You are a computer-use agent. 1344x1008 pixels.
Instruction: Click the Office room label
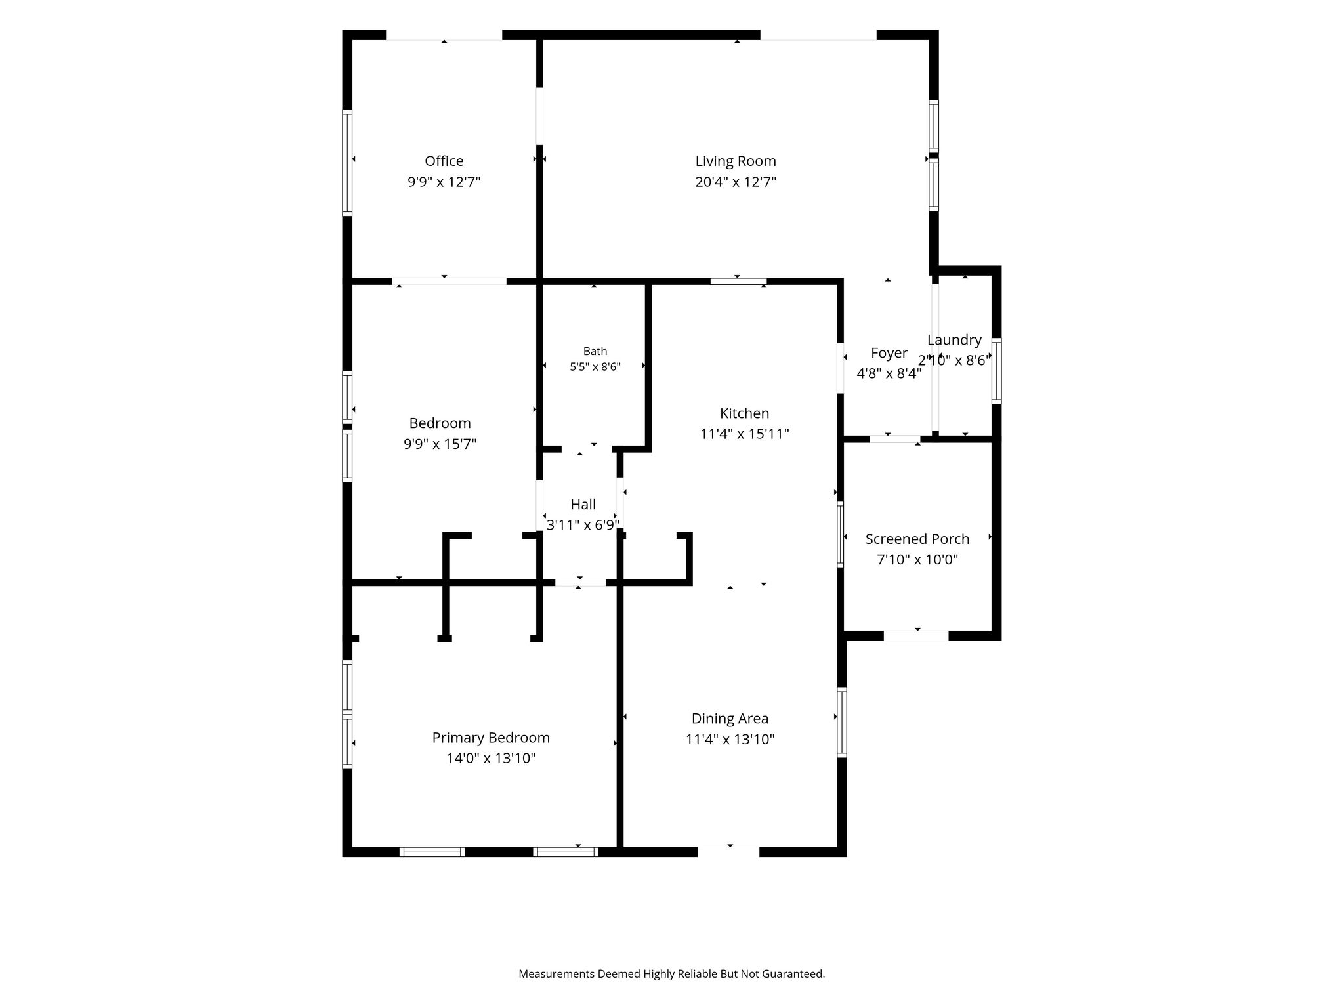444,161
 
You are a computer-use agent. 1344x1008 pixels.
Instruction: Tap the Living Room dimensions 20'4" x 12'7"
736,182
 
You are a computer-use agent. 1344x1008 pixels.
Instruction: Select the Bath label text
595,351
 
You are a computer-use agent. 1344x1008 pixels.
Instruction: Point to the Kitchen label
744,413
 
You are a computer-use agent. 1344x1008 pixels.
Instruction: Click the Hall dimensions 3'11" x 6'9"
583,525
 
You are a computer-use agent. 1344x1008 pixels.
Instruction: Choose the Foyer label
889,353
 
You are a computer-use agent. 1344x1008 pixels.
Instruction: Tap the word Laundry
954,340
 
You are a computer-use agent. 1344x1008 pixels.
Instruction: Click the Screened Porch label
917,539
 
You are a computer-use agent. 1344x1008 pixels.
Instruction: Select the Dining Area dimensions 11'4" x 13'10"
730,740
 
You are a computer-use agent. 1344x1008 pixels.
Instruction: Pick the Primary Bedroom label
491,738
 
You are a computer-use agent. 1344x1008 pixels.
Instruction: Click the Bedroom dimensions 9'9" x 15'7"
440,444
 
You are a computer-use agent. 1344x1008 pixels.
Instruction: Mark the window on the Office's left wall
347,162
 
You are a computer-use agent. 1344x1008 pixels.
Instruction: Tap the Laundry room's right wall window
996,370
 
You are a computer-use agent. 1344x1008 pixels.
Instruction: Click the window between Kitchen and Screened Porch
840,534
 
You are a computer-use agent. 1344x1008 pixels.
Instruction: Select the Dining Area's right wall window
842,722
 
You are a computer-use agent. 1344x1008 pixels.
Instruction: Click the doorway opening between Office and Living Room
539,116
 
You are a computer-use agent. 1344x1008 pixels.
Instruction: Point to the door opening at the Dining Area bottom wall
728,852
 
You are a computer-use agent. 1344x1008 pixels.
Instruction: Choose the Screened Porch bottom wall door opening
916,636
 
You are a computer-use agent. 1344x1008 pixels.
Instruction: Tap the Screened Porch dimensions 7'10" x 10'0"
917,560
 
